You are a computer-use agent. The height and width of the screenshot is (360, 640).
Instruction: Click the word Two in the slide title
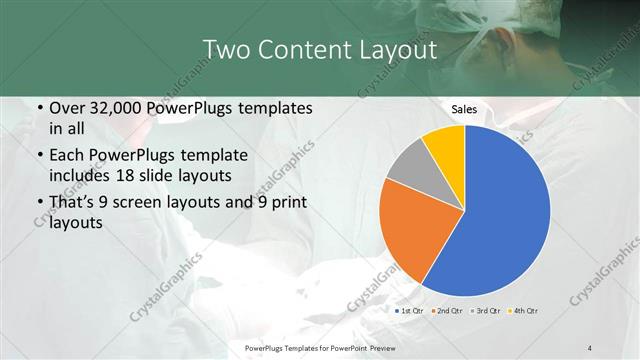click(224, 50)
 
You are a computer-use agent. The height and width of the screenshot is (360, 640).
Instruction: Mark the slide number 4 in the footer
click(590, 347)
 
